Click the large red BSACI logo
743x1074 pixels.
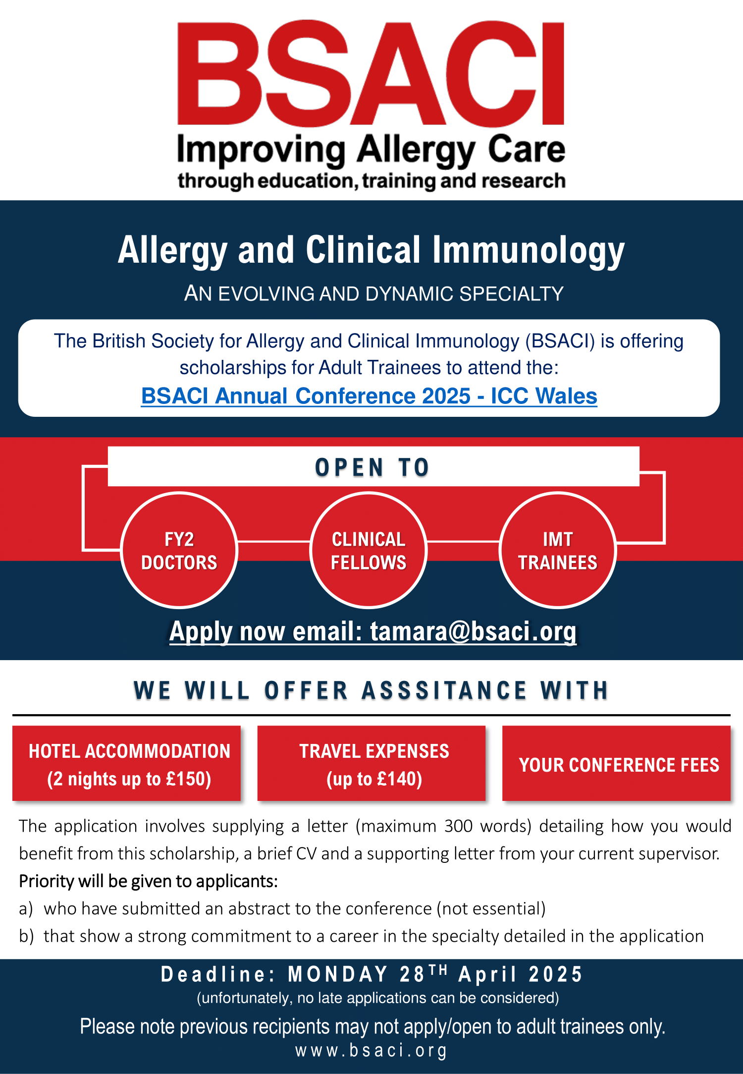pyautogui.click(x=371, y=73)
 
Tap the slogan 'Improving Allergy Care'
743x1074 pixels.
pyautogui.click(x=371, y=150)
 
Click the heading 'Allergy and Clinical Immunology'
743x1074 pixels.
pyautogui.click(x=371, y=250)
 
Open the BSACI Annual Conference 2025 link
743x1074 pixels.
pyautogui.click(x=369, y=396)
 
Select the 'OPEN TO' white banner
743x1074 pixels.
pyautogui.click(x=373, y=466)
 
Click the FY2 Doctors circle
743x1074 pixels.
pyautogui.click(x=179, y=550)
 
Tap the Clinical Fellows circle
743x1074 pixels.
pyautogui.click(x=369, y=550)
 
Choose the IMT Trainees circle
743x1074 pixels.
pyautogui.click(x=558, y=550)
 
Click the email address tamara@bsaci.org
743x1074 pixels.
pyautogui.click(x=474, y=632)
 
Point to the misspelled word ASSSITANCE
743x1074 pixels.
pyautogui.click(x=444, y=690)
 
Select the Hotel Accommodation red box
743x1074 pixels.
pyautogui.click(x=126, y=763)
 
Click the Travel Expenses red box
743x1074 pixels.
pyautogui.click(x=371, y=763)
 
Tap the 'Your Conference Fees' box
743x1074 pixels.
pyautogui.click(x=617, y=763)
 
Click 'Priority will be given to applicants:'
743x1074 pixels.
pyautogui.click(x=149, y=881)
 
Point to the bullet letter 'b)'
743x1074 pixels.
pyautogui.click(x=26, y=936)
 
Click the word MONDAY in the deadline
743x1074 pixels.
pyautogui.click(x=338, y=974)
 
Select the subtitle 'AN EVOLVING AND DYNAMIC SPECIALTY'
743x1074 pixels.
pyautogui.click(x=374, y=294)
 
